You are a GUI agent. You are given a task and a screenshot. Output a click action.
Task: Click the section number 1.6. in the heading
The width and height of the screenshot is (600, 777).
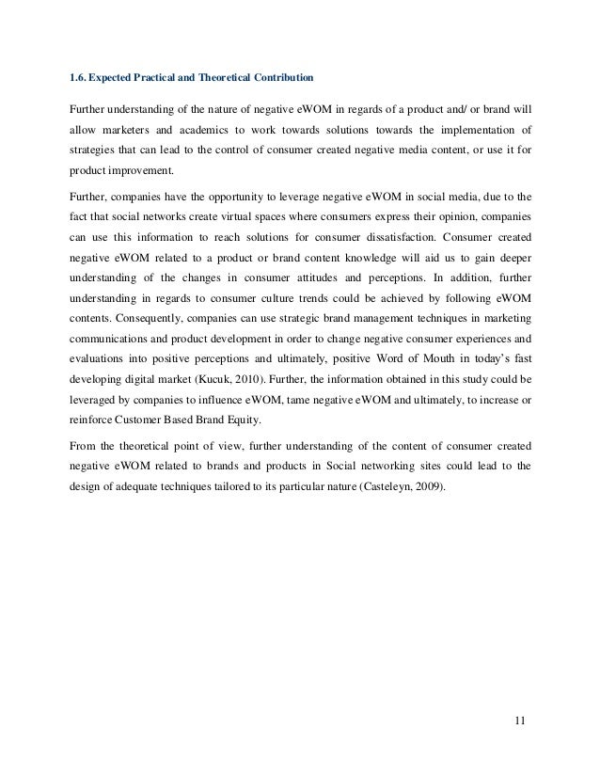[x=83, y=75]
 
